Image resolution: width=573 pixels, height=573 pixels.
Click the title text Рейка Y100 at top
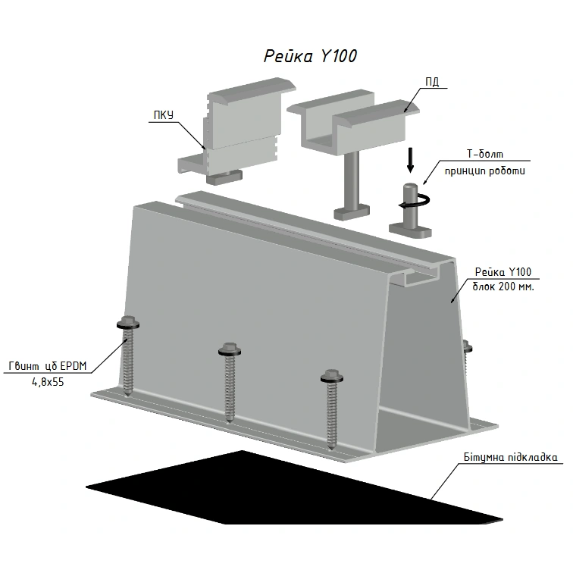(x=310, y=56)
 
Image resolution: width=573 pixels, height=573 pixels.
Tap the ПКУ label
(x=164, y=115)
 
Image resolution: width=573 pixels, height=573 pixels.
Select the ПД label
(x=432, y=82)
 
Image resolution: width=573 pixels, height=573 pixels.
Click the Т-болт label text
(x=485, y=154)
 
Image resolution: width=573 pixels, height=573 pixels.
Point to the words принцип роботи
(x=485, y=171)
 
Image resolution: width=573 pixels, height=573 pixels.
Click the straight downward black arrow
(x=410, y=160)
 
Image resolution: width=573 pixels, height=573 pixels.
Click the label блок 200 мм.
(x=503, y=286)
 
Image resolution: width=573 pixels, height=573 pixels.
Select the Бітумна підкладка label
(x=511, y=458)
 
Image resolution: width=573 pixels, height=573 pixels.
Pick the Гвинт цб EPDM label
(x=48, y=366)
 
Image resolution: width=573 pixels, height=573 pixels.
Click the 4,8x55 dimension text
(x=48, y=382)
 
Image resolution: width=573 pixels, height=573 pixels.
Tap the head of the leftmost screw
(x=128, y=322)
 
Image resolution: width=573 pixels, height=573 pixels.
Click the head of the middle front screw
(x=230, y=349)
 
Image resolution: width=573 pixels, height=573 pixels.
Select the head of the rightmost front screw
(x=332, y=377)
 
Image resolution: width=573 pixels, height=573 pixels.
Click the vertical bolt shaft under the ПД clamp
(x=352, y=182)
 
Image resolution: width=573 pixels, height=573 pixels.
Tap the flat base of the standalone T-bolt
(x=410, y=230)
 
